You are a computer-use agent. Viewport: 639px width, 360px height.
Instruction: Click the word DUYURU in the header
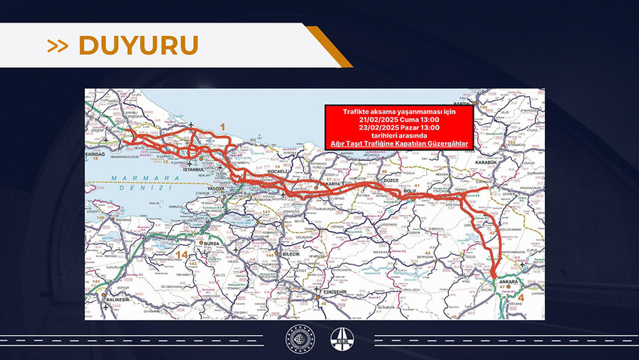138,46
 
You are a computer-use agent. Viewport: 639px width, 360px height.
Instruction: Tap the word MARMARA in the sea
130,179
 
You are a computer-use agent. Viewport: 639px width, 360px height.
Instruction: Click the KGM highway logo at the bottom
340,339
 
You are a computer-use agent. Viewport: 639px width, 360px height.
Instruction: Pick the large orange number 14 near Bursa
183,256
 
